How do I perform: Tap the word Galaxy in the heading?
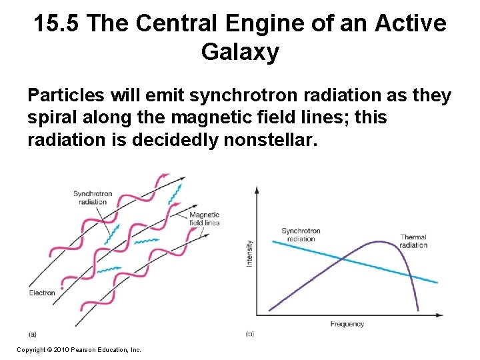240,52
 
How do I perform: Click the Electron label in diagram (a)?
42,293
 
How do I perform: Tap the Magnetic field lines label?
204,219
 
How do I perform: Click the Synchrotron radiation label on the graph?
301,235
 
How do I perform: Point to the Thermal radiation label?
413,241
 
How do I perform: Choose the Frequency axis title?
347,324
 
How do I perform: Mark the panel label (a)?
33,333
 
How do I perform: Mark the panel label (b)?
250,333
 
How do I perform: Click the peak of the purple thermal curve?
379,242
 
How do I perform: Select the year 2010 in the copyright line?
64,349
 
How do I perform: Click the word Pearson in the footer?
89,349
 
